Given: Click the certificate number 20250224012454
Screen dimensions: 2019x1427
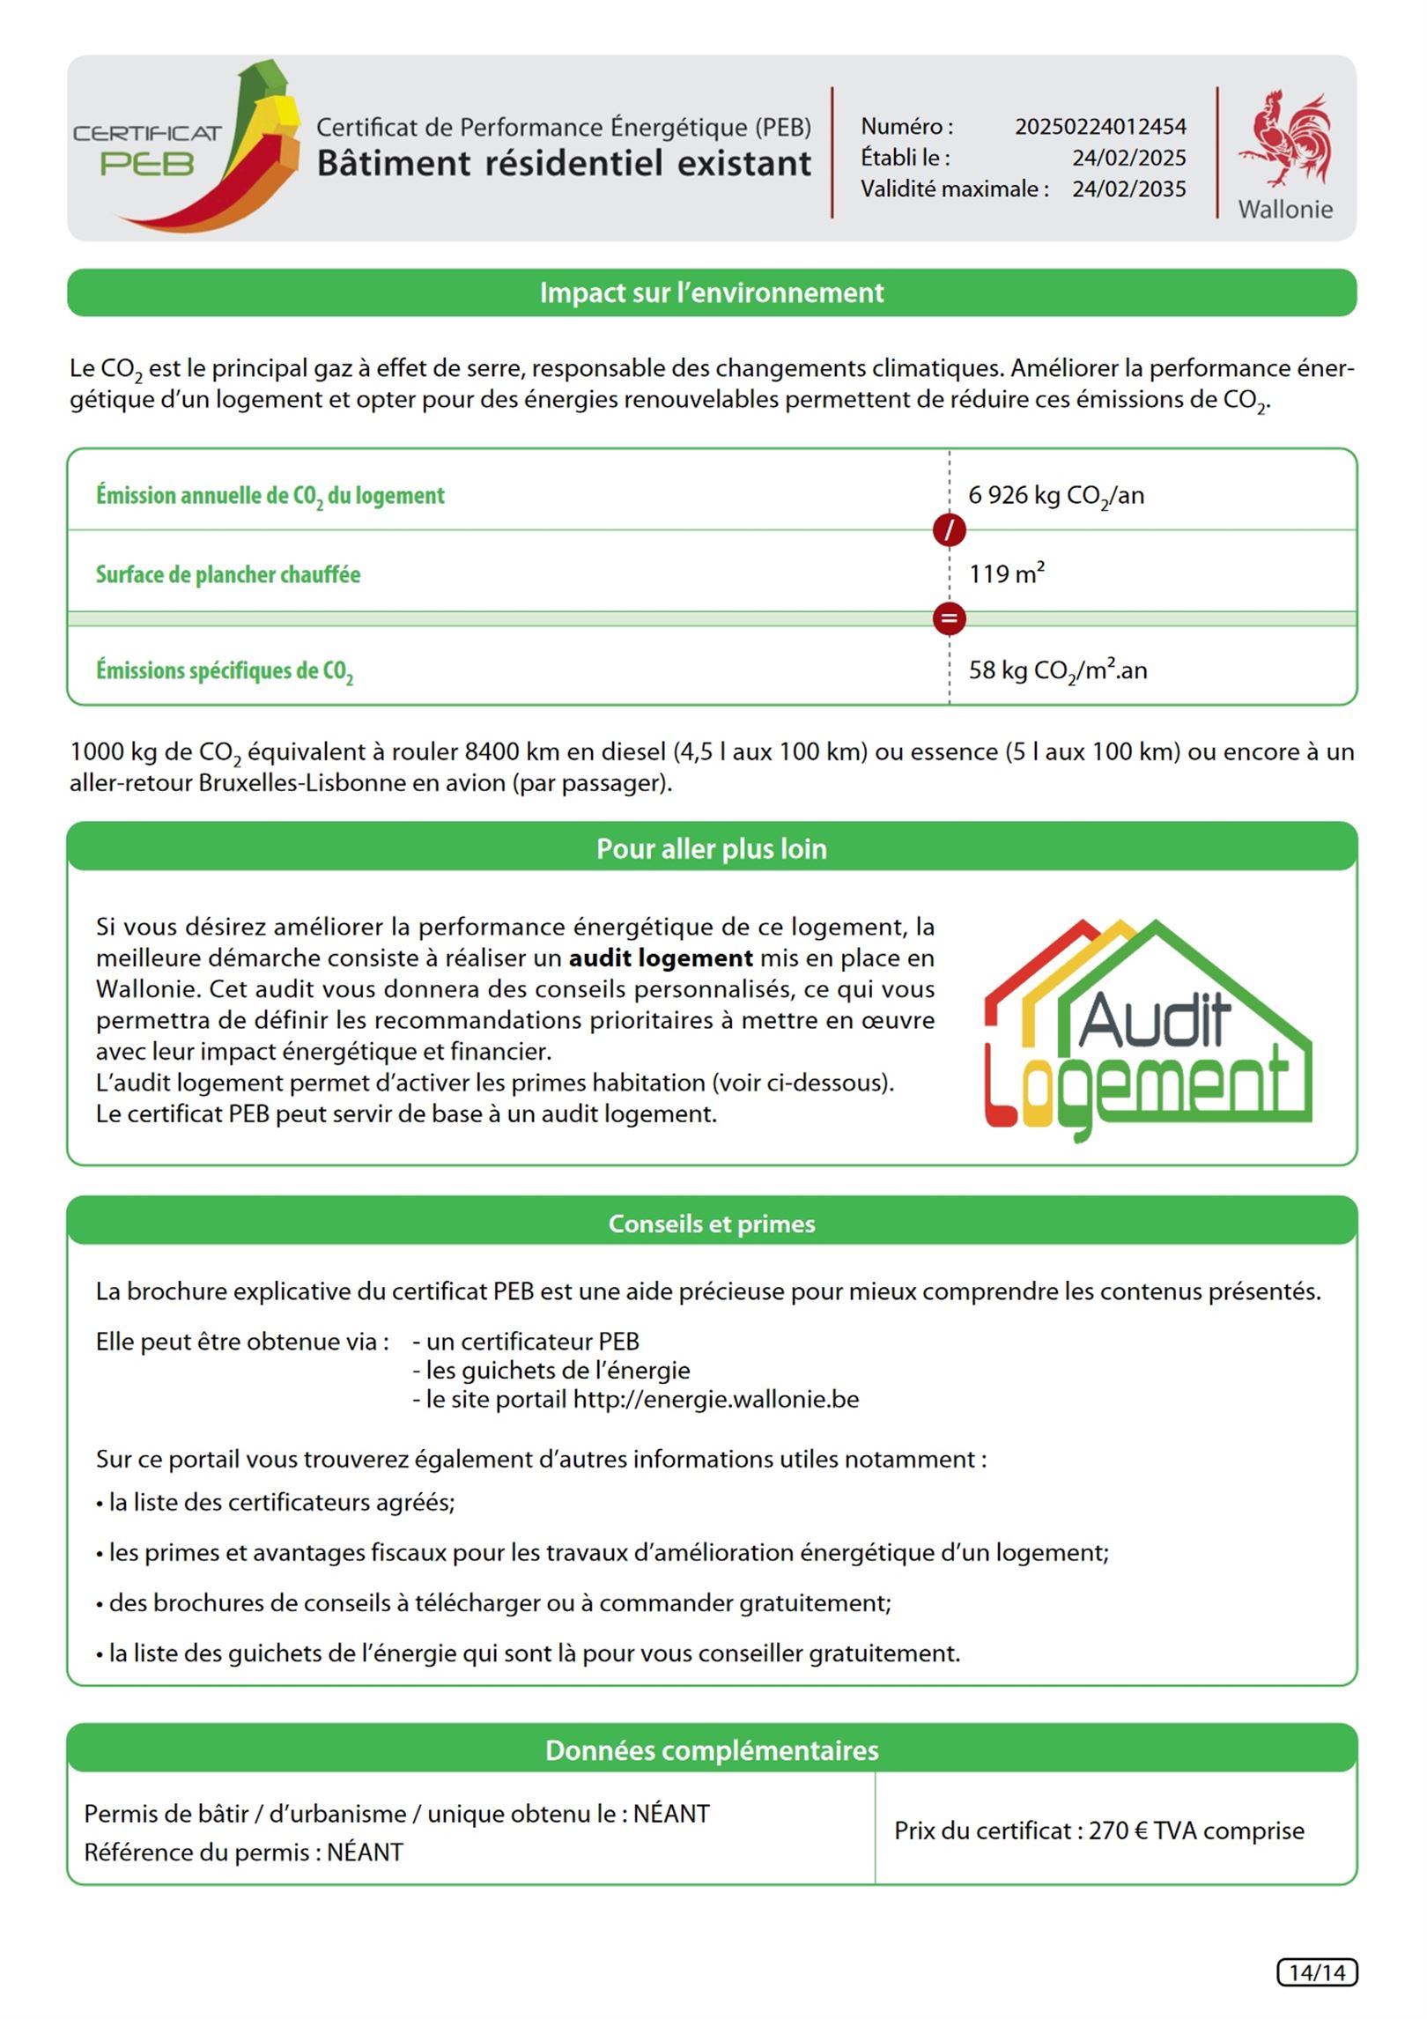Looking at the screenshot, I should click(x=1099, y=127).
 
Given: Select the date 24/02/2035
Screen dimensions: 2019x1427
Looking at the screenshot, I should click(x=1128, y=189).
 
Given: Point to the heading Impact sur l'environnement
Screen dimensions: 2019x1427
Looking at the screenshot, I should click(x=712, y=292).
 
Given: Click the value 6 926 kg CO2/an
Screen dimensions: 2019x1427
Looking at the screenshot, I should click(x=1055, y=496).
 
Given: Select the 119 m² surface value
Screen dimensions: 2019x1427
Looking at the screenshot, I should click(x=1006, y=574).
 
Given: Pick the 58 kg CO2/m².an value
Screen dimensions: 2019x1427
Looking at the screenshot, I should click(x=1057, y=670).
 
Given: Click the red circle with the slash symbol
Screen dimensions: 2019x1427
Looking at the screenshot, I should click(x=949, y=530).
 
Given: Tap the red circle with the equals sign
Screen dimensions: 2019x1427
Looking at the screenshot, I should click(x=949, y=618).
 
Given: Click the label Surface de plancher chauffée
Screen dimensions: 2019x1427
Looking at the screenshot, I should click(x=228, y=575).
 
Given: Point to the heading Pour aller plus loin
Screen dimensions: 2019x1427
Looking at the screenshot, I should click(x=712, y=849).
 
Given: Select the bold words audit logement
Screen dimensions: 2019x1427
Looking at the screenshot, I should click(x=661, y=958).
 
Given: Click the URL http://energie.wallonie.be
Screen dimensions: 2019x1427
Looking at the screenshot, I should click(x=715, y=1399).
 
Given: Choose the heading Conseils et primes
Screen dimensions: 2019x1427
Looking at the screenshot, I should click(x=712, y=1224).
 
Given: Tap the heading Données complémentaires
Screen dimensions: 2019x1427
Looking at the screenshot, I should click(x=712, y=1750).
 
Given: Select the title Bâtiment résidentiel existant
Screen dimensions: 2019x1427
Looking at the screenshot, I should click(x=564, y=164).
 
